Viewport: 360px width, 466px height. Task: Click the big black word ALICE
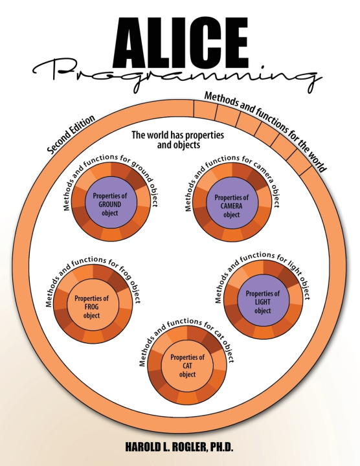coord(181,43)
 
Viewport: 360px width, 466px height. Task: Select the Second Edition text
coord(71,135)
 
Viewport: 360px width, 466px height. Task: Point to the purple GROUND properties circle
coord(111,203)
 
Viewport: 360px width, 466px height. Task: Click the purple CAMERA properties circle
coord(232,203)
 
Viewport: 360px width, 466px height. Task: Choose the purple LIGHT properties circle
coord(263,300)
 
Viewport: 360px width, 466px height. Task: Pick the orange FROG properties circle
coord(93,305)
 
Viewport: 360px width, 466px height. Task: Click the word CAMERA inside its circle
coord(232,206)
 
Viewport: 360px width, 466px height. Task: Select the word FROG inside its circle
coord(91,307)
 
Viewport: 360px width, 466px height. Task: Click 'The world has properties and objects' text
coord(178,140)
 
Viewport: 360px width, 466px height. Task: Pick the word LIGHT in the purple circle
coord(263,302)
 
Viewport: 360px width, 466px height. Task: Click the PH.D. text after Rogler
coord(221,447)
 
